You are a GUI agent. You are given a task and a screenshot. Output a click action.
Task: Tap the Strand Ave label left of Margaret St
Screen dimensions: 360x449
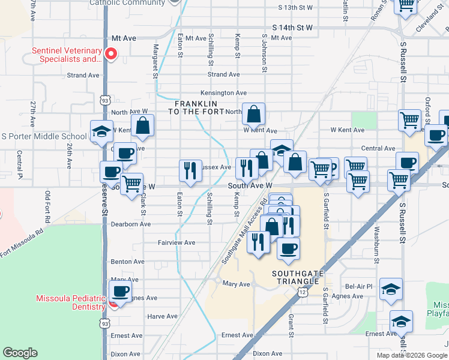tap(83, 75)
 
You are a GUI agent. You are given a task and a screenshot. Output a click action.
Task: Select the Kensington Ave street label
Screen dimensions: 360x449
tap(224, 93)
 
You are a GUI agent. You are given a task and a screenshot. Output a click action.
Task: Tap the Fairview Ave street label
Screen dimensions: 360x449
tap(176, 242)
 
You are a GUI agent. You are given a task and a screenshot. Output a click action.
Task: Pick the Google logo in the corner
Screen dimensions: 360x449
tap(20, 353)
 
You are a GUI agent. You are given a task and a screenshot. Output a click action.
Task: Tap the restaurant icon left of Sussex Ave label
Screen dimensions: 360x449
tap(190, 170)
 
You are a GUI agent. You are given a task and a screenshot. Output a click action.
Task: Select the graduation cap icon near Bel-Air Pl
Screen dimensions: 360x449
tap(391, 290)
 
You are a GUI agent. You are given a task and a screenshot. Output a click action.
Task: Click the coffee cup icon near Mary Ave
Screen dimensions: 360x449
tap(120, 292)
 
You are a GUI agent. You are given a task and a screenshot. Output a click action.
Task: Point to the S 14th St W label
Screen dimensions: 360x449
tap(292, 28)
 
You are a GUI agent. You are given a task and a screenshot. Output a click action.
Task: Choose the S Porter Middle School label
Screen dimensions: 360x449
tap(44, 136)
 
